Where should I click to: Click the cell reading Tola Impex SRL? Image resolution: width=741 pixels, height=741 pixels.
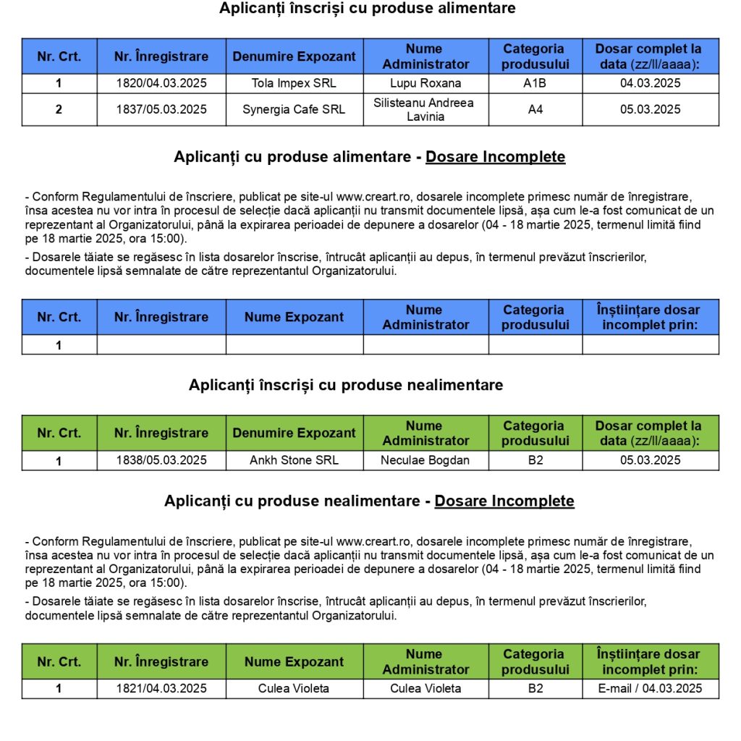[x=294, y=83]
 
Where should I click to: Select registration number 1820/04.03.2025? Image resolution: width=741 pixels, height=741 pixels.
[x=161, y=83]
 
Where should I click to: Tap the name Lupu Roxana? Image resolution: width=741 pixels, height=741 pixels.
[x=425, y=83]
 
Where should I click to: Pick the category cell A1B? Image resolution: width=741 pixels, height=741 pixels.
[x=535, y=83]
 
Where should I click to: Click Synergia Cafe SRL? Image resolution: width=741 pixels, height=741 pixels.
[x=294, y=110]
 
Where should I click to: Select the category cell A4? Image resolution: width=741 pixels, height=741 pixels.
[x=535, y=110]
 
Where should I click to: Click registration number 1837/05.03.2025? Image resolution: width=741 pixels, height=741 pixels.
[x=161, y=110]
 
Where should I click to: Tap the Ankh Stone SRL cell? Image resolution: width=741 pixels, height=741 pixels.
[x=294, y=460]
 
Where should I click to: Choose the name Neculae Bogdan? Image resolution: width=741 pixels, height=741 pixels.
[x=425, y=460]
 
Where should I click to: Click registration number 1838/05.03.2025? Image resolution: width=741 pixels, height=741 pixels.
[x=161, y=460]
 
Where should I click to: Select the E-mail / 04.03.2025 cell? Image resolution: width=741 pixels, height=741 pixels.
[x=650, y=688]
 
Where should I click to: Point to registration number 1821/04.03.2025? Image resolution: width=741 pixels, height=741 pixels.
[x=161, y=688]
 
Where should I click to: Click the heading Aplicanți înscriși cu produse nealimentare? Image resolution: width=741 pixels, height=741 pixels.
[x=346, y=385]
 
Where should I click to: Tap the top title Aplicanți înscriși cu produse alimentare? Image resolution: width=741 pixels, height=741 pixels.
[x=368, y=9]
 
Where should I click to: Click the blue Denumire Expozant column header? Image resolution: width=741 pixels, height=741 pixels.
[x=294, y=56]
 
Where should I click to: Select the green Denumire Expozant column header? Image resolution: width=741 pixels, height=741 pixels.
[x=294, y=433]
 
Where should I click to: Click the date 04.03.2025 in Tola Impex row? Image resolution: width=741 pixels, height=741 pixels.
[x=650, y=83]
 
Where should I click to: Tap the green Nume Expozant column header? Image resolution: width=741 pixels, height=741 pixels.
[x=294, y=661]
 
